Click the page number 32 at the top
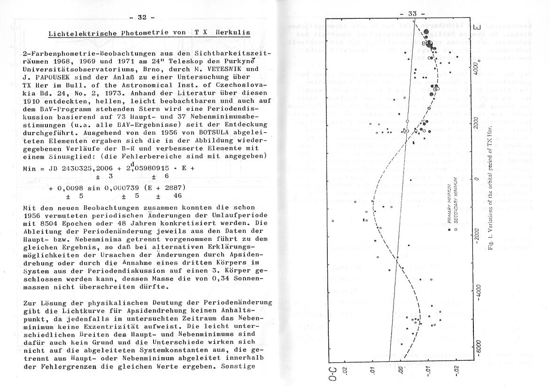142,17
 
